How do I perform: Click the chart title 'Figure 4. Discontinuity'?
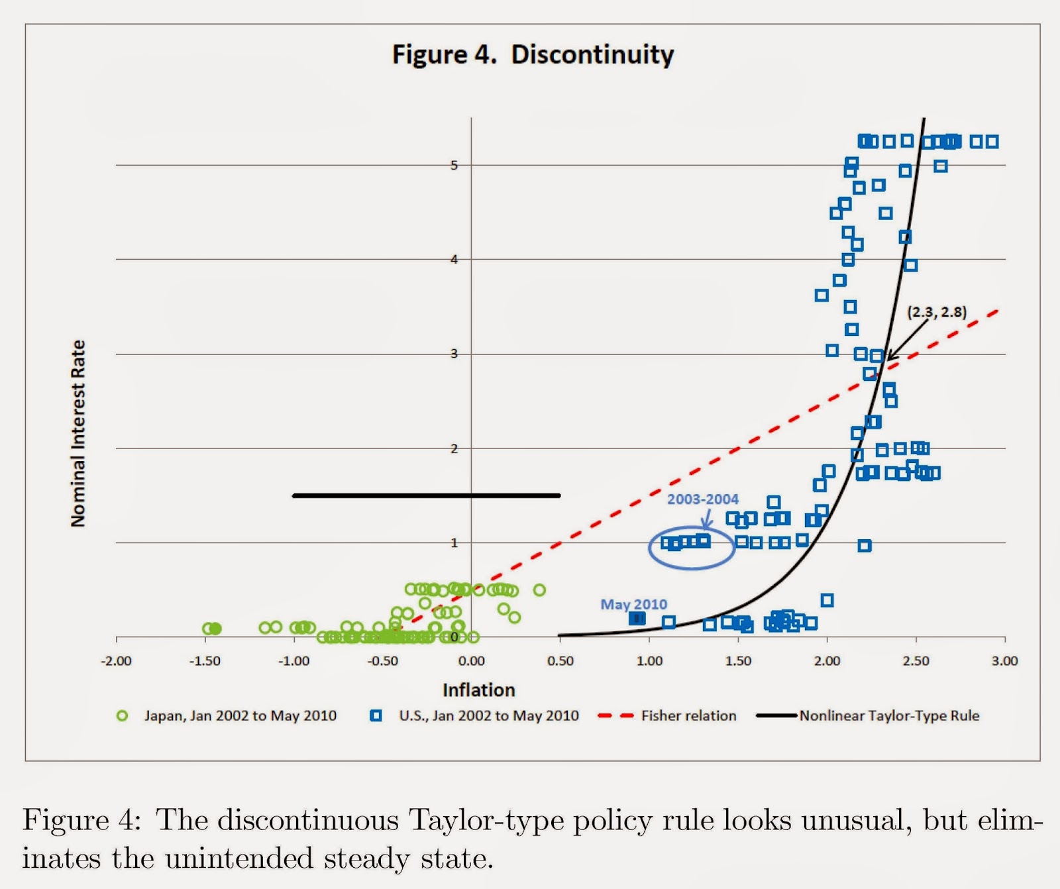click(x=533, y=54)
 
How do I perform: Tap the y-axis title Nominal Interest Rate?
click(x=78, y=434)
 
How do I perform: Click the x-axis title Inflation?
click(x=478, y=690)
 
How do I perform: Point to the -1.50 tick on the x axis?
click(x=205, y=660)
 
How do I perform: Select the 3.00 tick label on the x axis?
click(x=1004, y=660)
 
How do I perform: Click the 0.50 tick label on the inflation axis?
click(x=560, y=660)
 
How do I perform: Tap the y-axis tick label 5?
click(x=454, y=165)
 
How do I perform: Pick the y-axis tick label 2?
click(x=454, y=448)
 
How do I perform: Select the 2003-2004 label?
click(x=702, y=499)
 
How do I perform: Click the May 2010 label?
click(x=633, y=604)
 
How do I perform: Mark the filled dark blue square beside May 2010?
click(x=637, y=618)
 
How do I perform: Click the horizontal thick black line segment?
click(x=426, y=496)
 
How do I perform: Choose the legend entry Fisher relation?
click(x=688, y=715)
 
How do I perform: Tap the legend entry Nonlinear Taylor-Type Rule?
click(x=888, y=715)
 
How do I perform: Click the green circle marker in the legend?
click(x=122, y=715)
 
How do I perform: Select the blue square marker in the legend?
click(x=376, y=715)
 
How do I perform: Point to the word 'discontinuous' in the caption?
click(x=307, y=820)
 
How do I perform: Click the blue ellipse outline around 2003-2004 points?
click(x=691, y=568)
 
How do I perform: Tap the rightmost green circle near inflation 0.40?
click(x=539, y=590)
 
